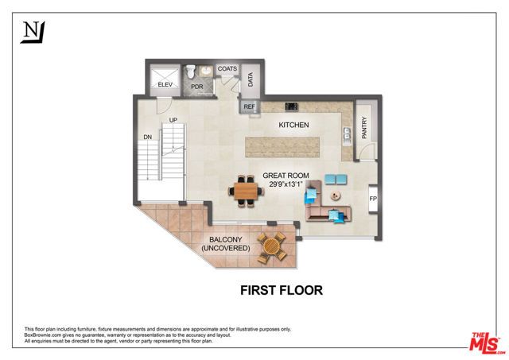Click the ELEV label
tap(165, 84)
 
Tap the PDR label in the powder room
tap(196, 86)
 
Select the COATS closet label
tap(227, 69)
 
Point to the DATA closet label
tap(251, 79)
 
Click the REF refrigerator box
tap(249, 106)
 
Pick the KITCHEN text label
tap(293, 126)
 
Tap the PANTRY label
tap(365, 128)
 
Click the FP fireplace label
tap(372, 198)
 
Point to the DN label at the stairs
tap(147, 137)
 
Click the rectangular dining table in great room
tap(246, 191)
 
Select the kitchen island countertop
tap(282, 146)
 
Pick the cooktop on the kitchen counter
tap(291, 106)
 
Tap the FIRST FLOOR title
tap(282, 290)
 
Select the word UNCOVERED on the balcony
tap(225, 249)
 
